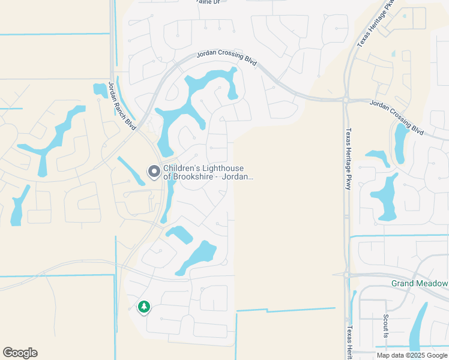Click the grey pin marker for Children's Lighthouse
click(154, 172)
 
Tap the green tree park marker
click(143, 307)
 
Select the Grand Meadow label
click(420, 283)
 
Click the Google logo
click(20, 353)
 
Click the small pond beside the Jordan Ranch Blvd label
click(100, 91)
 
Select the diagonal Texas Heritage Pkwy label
click(376, 23)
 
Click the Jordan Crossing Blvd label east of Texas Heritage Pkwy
click(396, 116)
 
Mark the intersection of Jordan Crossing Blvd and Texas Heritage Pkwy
click(347, 99)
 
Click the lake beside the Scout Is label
click(419, 327)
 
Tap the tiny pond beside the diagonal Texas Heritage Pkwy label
click(394, 53)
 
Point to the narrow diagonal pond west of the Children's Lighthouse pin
click(130, 170)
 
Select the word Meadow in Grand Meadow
click(433, 283)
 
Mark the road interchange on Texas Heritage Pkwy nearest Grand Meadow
click(348, 274)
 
